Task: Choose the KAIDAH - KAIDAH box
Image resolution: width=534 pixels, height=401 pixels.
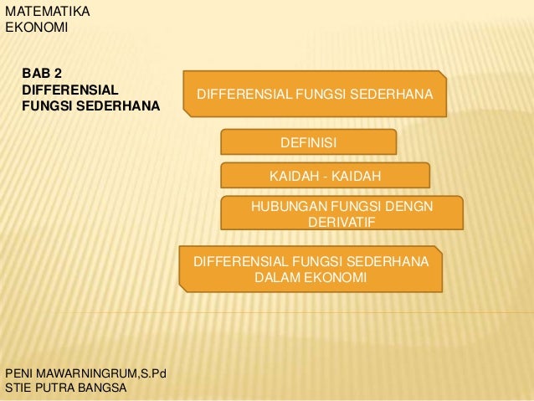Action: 325,176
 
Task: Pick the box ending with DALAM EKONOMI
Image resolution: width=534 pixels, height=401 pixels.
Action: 311,270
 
